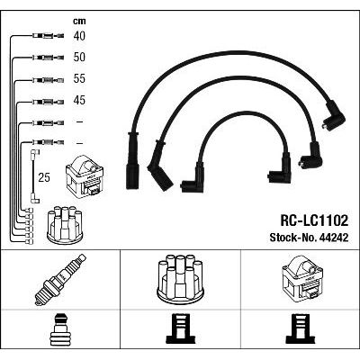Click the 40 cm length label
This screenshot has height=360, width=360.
point(79,36)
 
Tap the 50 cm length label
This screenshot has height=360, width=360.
point(79,58)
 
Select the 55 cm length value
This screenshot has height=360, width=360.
point(79,78)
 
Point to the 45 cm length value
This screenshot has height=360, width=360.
point(79,100)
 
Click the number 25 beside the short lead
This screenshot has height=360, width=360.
point(44,177)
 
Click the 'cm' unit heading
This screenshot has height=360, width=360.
point(79,21)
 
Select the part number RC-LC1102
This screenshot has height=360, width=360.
point(314,221)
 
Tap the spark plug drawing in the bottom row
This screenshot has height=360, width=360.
point(60,280)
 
